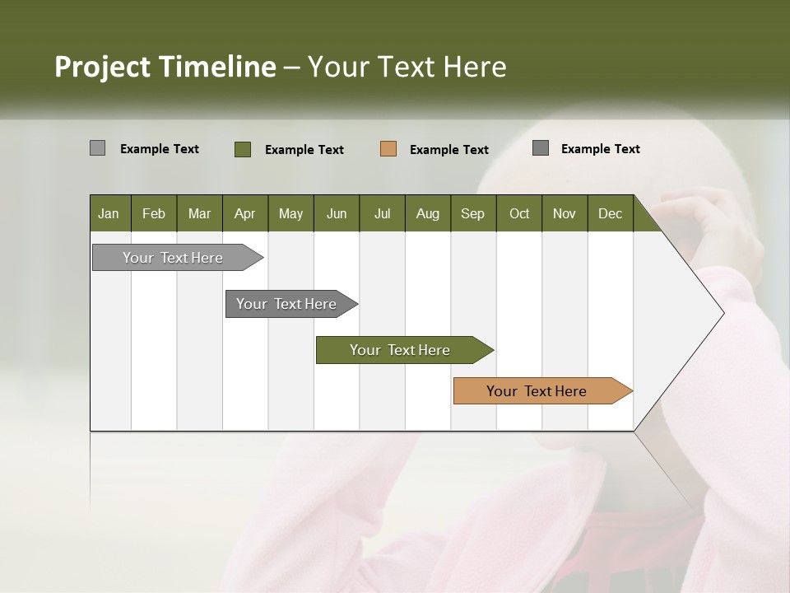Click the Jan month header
pyautogui.click(x=109, y=213)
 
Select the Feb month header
pyautogui.click(x=154, y=213)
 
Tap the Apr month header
pyautogui.click(x=245, y=213)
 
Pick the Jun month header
pyautogui.click(x=337, y=213)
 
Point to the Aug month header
pyautogui.click(x=428, y=213)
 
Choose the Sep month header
pyautogui.click(x=473, y=213)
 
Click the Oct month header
pyautogui.click(x=519, y=213)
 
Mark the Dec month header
pyautogui.click(x=611, y=213)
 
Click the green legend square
pyautogui.click(x=243, y=149)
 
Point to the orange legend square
pyautogui.click(x=388, y=149)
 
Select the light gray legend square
pyautogui.click(x=97, y=148)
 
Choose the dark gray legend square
pyautogui.click(x=541, y=148)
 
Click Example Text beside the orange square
pyautogui.click(x=448, y=150)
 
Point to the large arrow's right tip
pyautogui.click(x=723, y=313)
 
